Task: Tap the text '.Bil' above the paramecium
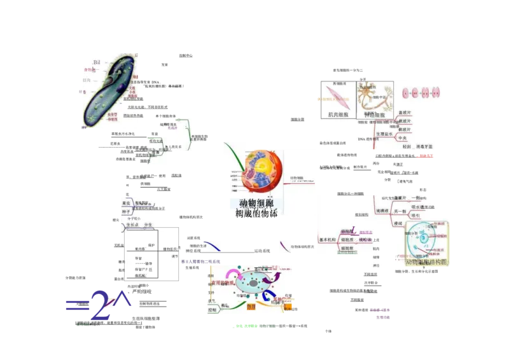pyautogui.click(x=97, y=62)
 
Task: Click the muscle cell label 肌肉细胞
pyautogui.click(x=338, y=115)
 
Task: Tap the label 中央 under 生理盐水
pyautogui.click(x=402, y=137)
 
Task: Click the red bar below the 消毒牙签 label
pyautogui.click(x=426, y=156)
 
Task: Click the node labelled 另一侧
pyautogui.click(x=400, y=211)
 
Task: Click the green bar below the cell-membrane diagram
pyautogui.click(x=247, y=326)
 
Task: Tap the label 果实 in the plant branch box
pyautogui.click(x=127, y=203)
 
